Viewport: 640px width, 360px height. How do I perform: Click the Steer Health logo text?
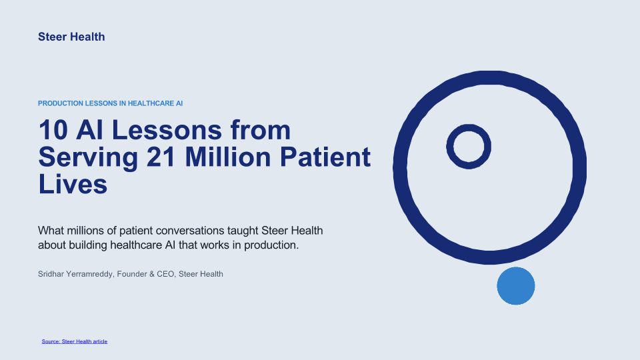pos(71,37)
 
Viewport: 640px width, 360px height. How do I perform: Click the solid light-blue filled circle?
pos(516,286)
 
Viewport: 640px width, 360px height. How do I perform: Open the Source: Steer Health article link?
pos(74,341)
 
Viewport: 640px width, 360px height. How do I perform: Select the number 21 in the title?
pos(161,157)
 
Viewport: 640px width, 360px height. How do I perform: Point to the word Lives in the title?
pos(73,184)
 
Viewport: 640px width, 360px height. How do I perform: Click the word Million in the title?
pos(228,157)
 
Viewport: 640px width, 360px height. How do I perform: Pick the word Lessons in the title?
pos(166,130)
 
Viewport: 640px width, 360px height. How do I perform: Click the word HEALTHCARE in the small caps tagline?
pos(151,104)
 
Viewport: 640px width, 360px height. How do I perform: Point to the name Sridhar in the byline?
pos(51,274)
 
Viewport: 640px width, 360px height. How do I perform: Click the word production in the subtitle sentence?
pos(271,245)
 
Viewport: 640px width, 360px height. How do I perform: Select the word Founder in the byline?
pos(132,274)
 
